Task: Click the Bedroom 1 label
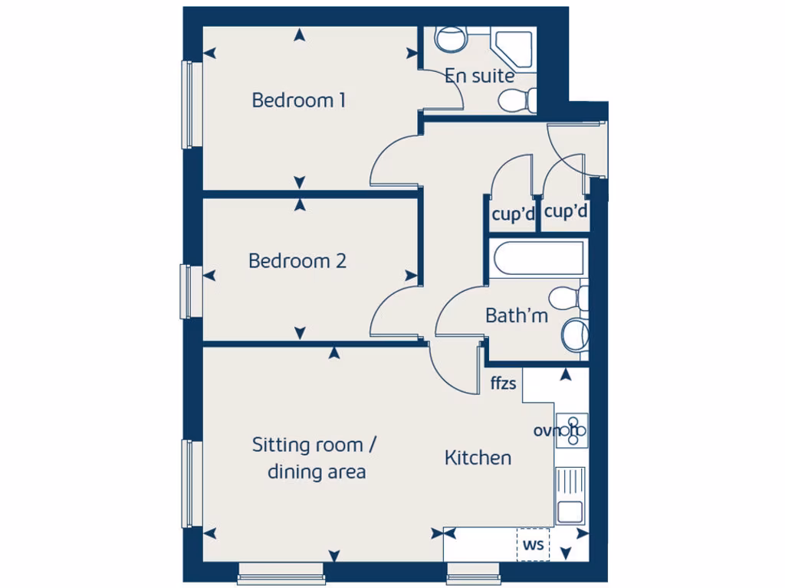tap(298, 100)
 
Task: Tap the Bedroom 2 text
tap(297, 261)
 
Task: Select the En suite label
tap(480, 76)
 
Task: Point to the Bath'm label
tap(517, 315)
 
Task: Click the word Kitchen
tap(478, 458)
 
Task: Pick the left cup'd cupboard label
tap(512, 215)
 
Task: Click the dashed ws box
tap(534, 545)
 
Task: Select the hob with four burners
tap(571, 430)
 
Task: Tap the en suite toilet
tap(516, 100)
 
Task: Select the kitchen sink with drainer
tap(571, 495)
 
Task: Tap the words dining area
tap(316, 472)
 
